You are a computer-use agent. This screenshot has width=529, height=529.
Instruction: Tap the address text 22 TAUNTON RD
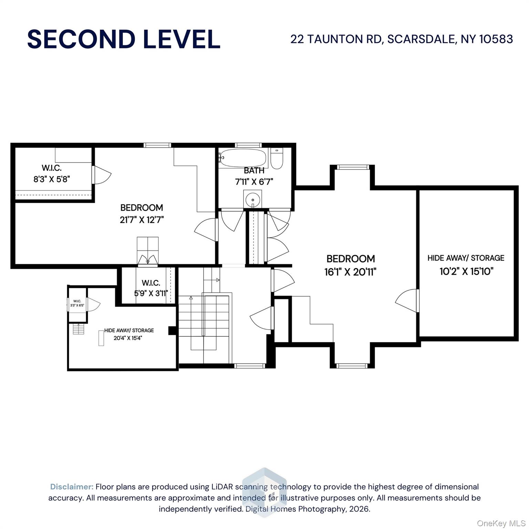(336, 39)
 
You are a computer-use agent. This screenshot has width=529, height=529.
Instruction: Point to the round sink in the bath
(252, 199)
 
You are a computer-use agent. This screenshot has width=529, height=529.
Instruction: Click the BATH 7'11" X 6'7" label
(254, 176)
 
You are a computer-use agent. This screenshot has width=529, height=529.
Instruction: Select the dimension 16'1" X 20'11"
(350, 272)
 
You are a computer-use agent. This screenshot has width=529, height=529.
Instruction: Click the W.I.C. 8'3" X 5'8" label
(52, 174)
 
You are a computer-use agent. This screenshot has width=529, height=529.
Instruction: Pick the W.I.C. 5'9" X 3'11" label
(151, 288)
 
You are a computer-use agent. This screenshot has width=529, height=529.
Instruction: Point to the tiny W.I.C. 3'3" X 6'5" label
(77, 303)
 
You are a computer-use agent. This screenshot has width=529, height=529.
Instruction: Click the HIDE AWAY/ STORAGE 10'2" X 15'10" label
(466, 264)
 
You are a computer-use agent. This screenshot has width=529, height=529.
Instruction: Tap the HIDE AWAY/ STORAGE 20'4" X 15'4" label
(129, 334)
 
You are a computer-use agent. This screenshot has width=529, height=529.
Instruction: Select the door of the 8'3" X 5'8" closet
(102, 175)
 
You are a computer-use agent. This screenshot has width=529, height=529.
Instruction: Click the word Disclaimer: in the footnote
(72, 487)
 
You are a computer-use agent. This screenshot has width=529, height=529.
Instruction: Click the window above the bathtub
(248, 145)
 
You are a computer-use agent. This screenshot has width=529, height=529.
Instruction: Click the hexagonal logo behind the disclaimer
(264, 492)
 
